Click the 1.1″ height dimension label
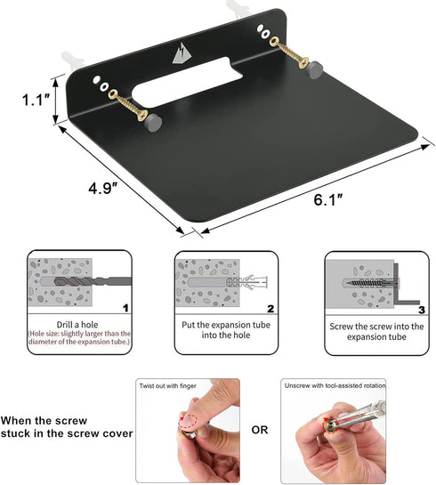click(36, 100)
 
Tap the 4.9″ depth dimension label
click(103, 188)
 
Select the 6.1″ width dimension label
click(328, 199)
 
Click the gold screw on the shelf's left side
click(128, 105)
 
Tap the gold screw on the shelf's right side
click(289, 52)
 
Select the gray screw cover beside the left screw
click(153, 123)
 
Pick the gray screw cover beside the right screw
click(314, 69)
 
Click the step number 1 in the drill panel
click(125, 308)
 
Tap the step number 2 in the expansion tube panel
click(270, 309)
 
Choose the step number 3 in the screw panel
click(422, 310)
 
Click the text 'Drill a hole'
click(77, 325)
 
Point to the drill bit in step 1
click(93, 281)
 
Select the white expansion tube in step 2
click(246, 282)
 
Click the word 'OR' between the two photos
click(260, 430)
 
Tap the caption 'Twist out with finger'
click(167, 385)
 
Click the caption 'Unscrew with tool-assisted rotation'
click(335, 385)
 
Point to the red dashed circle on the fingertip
click(189, 421)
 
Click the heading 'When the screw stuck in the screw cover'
click(67, 427)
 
